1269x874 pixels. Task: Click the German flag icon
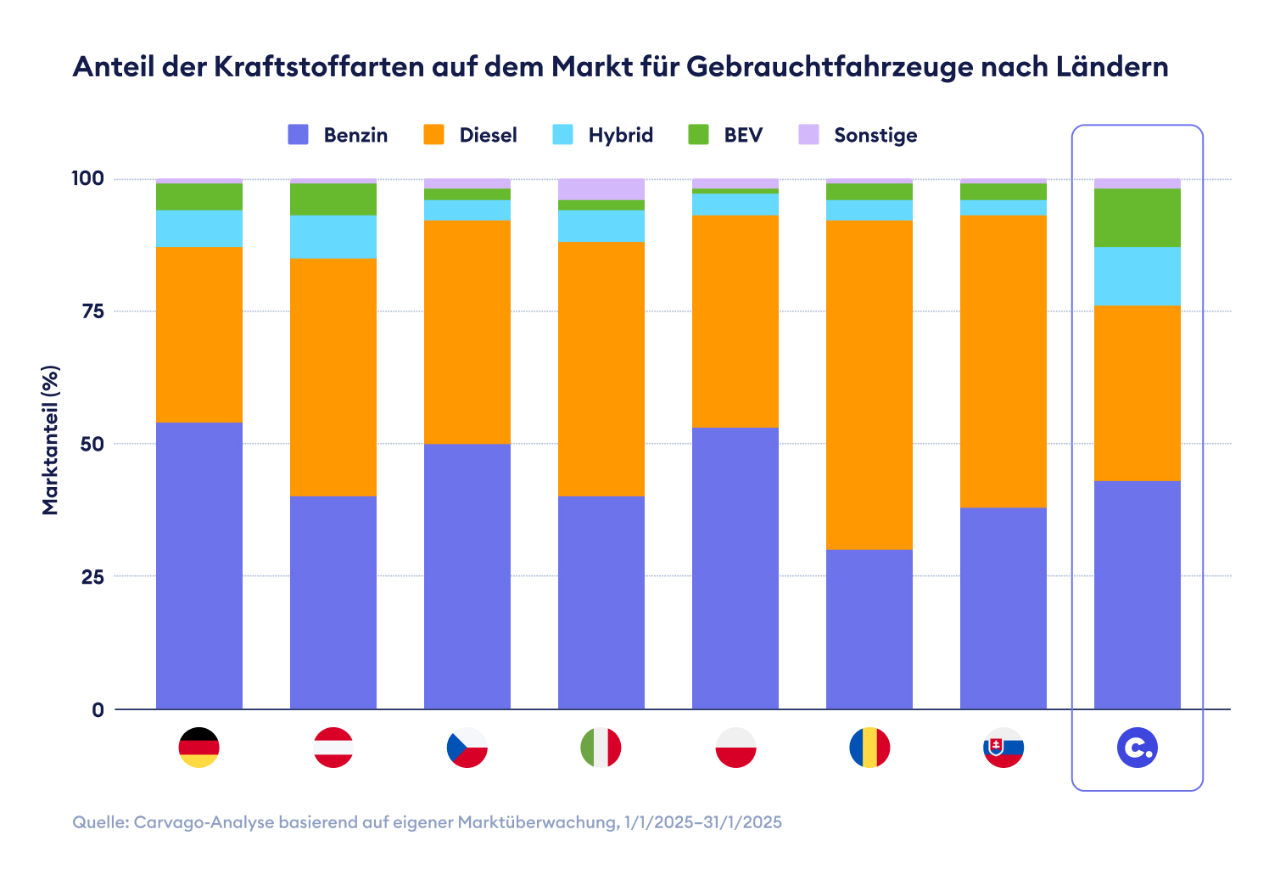199,748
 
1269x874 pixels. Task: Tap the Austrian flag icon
333,748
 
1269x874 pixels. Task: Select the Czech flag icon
467,748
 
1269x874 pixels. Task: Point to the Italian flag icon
601,748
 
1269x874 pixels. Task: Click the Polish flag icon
735,748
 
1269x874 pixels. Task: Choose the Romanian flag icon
869,748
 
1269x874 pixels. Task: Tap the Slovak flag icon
1003,748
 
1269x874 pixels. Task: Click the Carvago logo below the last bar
1138,748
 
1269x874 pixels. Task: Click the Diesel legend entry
471,135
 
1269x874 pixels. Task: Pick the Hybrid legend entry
603,135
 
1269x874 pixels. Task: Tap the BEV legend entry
725,135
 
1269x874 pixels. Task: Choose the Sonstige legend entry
858,135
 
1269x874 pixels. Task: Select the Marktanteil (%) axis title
52,440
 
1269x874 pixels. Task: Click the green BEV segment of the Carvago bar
1138,218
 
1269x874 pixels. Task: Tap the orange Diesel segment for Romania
869,384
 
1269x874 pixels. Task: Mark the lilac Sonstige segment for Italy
601,189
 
